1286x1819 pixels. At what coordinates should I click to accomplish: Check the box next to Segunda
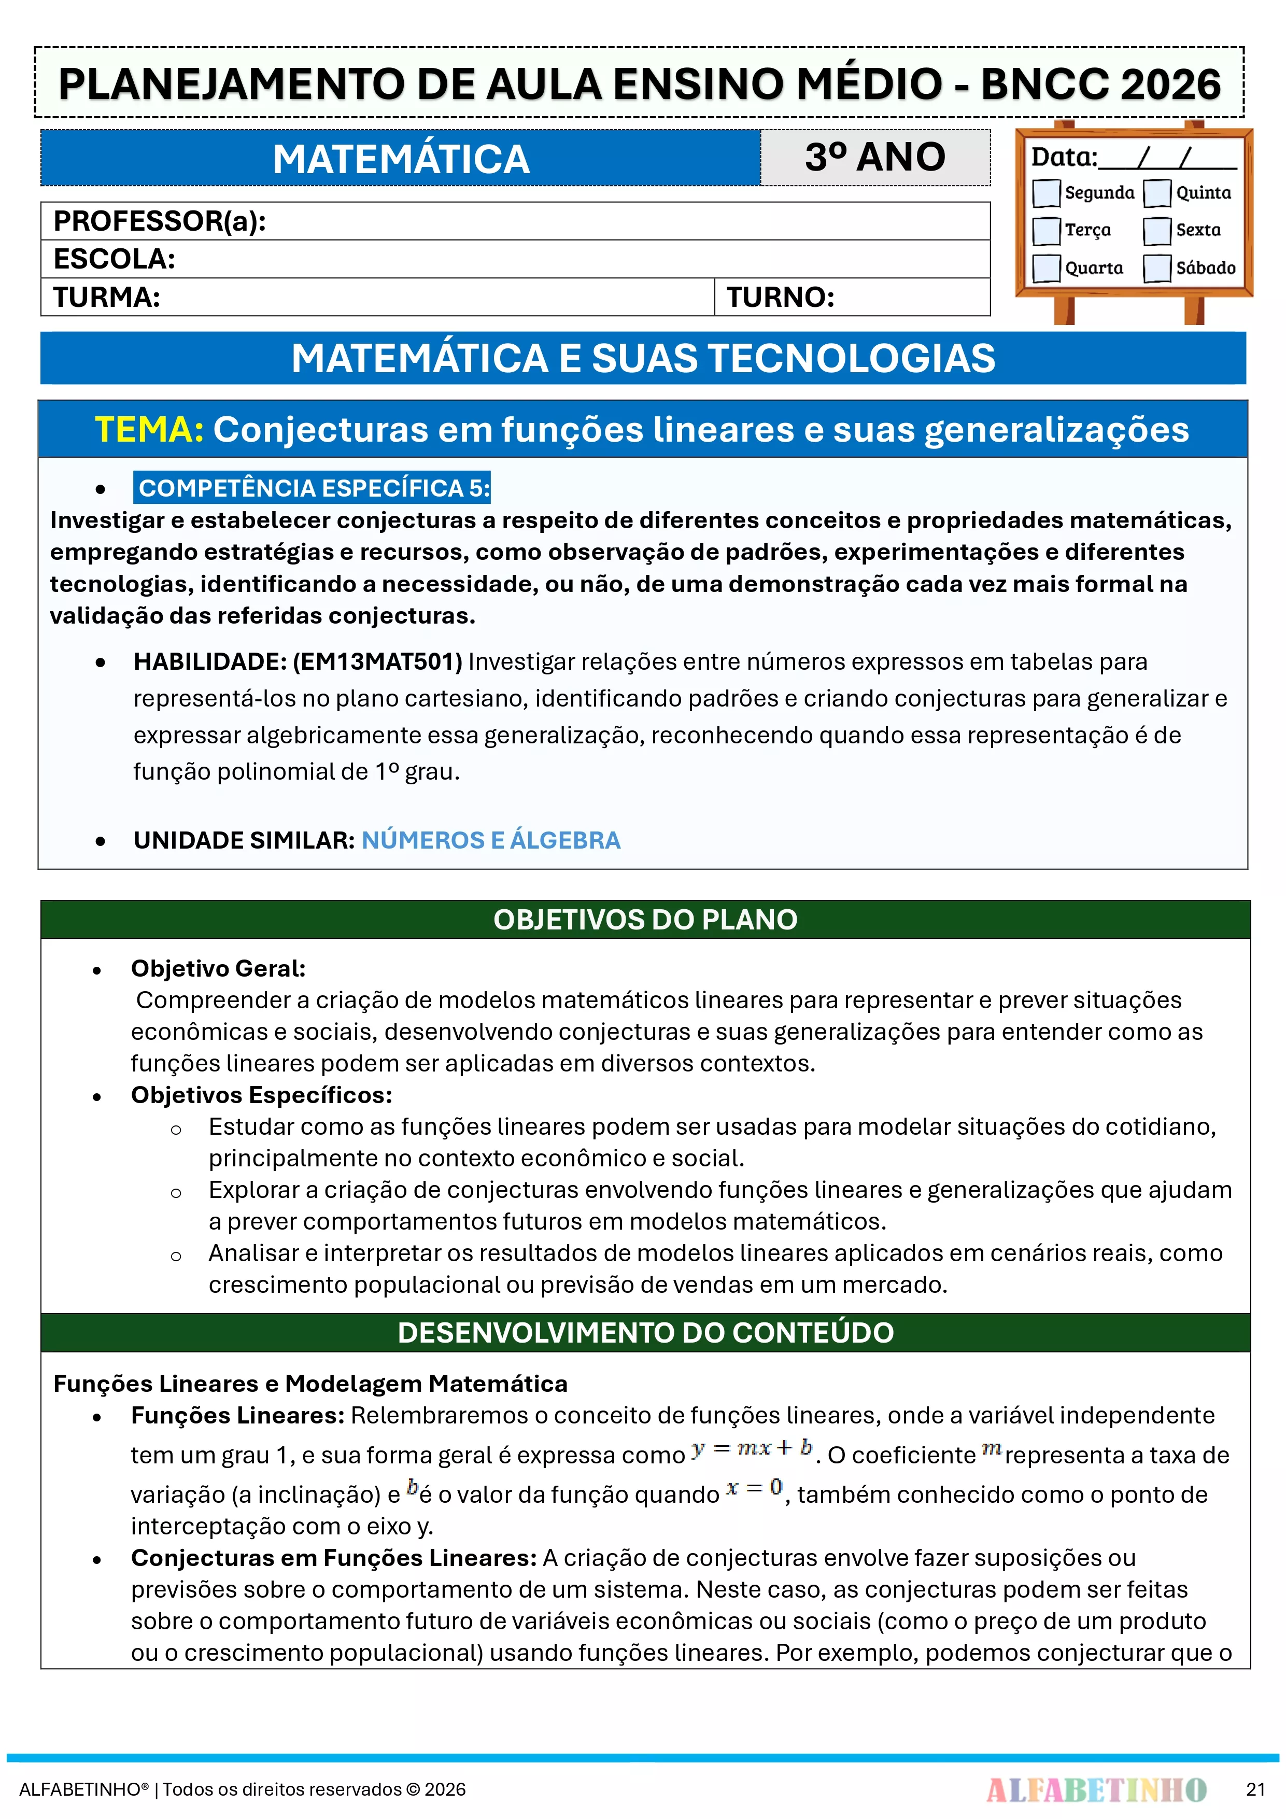point(1046,192)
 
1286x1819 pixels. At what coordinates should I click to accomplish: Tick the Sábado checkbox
point(1157,268)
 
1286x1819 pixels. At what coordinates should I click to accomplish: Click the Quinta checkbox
point(1157,192)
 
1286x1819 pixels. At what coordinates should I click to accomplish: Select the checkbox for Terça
point(1046,231)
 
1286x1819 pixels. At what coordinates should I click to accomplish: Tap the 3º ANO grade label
point(875,157)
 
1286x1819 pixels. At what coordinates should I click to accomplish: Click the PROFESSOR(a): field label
point(159,221)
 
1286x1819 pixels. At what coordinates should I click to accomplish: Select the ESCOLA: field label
point(114,259)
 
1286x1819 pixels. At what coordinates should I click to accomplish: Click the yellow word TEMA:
point(149,429)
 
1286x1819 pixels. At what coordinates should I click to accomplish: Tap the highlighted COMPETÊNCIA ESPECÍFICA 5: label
point(314,488)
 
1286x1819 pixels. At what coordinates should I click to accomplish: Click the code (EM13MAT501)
point(377,661)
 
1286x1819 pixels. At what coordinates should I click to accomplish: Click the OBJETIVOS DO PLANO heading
point(645,919)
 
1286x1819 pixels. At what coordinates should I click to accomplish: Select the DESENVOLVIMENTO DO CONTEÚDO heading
point(645,1333)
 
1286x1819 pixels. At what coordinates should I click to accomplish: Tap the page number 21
point(1255,1789)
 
